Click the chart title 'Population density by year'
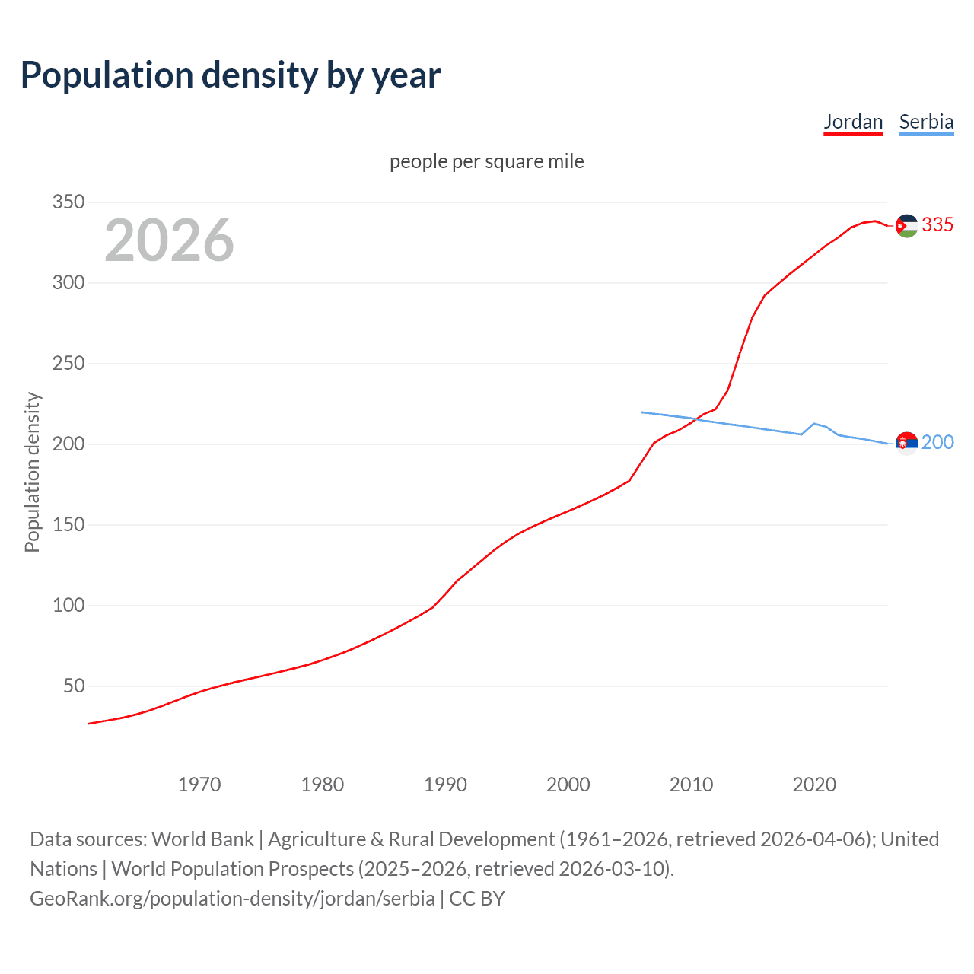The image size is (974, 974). pos(231,75)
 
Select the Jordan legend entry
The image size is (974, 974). pos(853,122)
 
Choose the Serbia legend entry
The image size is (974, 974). pos(926,122)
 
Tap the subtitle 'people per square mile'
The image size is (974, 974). pos(487,161)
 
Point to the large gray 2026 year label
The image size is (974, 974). pos(169,240)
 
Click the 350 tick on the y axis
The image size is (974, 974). pos(68,202)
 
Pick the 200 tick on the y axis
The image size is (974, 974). pos(68,444)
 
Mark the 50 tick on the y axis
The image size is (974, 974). pos(74,686)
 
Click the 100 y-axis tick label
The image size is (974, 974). pos(68,606)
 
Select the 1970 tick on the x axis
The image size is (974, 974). pos(199,785)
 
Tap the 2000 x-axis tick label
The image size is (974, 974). pos(568,785)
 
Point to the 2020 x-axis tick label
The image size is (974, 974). pos(814,785)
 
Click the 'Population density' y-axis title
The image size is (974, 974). pos(32,472)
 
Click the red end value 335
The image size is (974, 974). pos(937,225)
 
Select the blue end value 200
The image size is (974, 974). pos(937,443)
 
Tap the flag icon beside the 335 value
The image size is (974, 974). pos(906,226)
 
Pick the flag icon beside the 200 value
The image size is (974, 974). pos(906,443)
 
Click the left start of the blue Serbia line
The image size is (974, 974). pos(643,412)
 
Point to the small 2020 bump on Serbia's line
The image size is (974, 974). pos(814,424)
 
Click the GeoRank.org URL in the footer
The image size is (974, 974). pos(232,899)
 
